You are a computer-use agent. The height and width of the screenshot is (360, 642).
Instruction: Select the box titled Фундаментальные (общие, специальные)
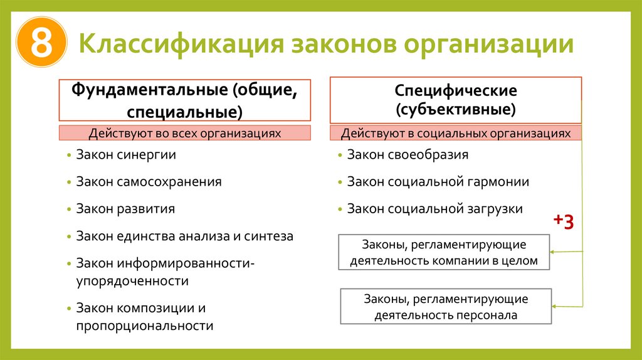(184, 100)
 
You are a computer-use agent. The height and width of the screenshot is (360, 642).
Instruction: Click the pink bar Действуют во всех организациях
(184, 133)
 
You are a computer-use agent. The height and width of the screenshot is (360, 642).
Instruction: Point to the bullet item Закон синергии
(126, 154)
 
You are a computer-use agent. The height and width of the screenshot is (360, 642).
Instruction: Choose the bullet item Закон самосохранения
(149, 182)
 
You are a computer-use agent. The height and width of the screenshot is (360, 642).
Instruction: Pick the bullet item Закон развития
(125, 209)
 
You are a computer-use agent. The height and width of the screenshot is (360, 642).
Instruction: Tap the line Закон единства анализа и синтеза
(184, 236)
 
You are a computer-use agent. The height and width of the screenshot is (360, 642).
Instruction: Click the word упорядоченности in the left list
(132, 281)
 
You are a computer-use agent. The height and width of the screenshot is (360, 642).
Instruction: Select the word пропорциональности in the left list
(145, 326)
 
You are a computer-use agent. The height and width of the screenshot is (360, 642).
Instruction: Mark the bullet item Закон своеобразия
(408, 154)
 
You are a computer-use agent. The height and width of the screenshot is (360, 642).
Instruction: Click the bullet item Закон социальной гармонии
(438, 182)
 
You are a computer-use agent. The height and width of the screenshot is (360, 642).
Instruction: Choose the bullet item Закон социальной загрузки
(434, 209)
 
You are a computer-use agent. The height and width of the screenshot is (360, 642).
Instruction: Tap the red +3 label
(563, 222)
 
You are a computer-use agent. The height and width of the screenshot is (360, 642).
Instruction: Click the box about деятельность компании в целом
(444, 252)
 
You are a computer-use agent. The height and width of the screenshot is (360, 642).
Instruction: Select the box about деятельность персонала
(446, 307)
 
